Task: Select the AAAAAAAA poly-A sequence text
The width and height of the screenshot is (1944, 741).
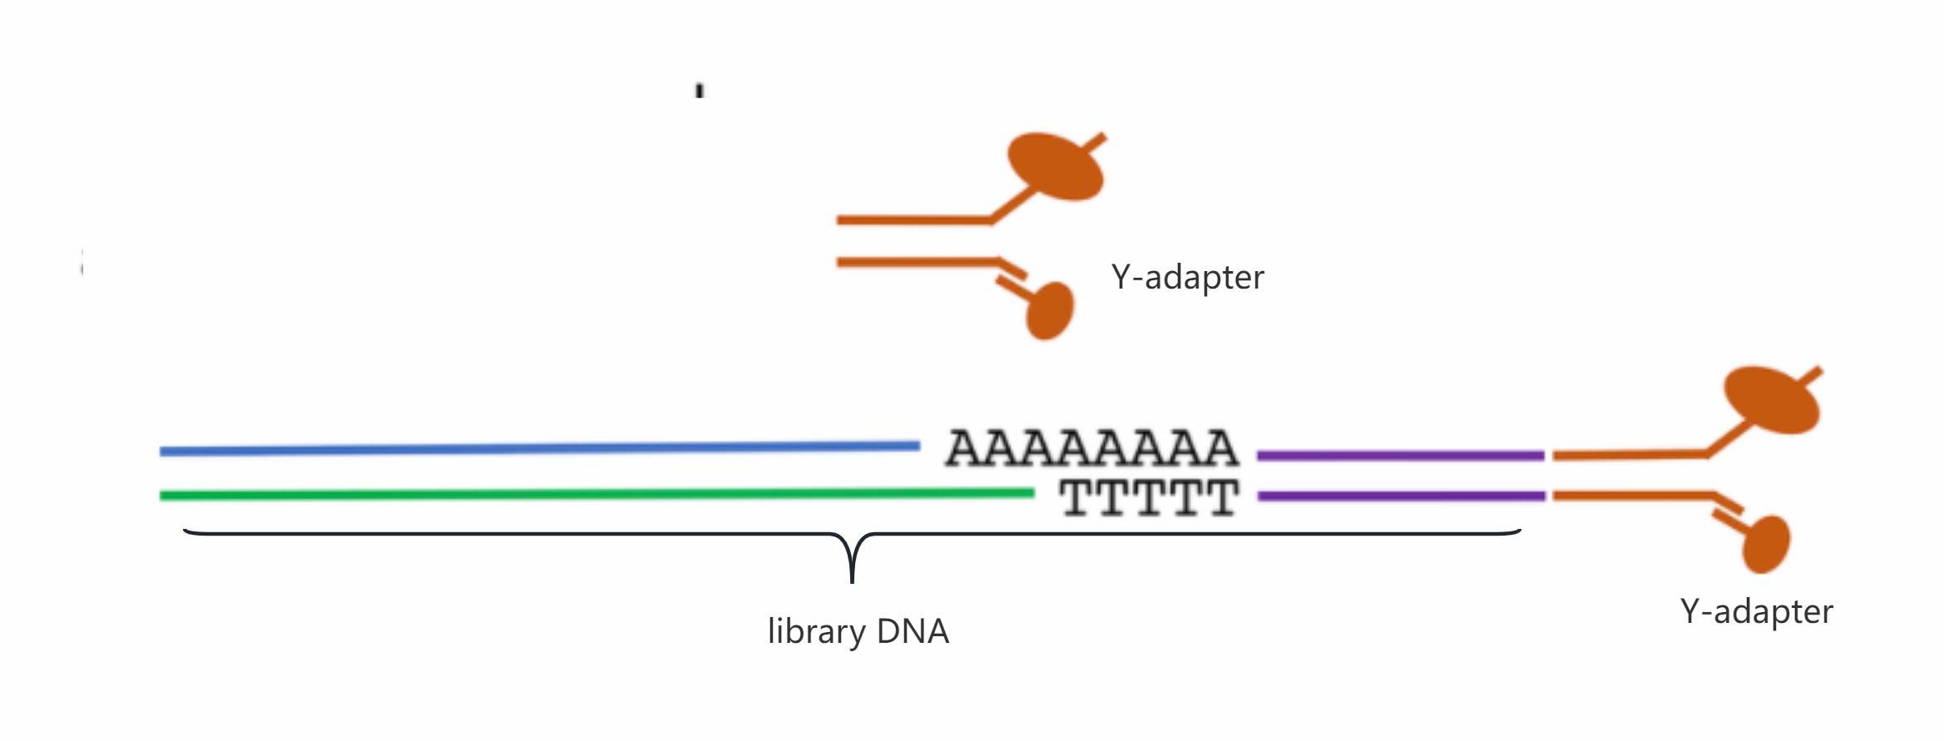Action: pyautogui.click(x=1091, y=448)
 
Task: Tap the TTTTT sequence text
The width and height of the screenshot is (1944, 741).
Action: pyautogui.click(x=1149, y=498)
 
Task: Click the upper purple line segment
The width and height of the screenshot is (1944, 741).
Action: pyautogui.click(x=1400, y=456)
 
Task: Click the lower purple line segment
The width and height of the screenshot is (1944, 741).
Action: pyautogui.click(x=1401, y=496)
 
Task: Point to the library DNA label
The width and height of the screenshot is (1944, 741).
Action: pyautogui.click(x=858, y=631)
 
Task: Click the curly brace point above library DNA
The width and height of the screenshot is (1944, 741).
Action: pyautogui.click(x=852, y=574)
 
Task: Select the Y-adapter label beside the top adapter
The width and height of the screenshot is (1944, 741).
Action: pyautogui.click(x=1187, y=277)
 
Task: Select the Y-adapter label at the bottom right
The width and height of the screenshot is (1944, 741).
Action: pyautogui.click(x=1756, y=611)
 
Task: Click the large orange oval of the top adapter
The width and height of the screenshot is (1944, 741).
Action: pyautogui.click(x=1055, y=166)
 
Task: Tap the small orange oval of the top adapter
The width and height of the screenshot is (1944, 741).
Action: pyautogui.click(x=1050, y=311)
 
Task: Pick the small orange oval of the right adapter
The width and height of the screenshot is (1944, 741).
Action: pyautogui.click(x=1765, y=545)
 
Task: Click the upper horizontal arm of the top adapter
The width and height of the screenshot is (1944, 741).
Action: pyautogui.click(x=913, y=220)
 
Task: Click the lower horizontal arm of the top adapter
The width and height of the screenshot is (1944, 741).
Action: pyautogui.click(x=915, y=263)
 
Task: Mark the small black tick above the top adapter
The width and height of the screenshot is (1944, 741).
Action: pyautogui.click(x=700, y=91)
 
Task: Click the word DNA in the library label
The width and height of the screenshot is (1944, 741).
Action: pyautogui.click(x=913, y=631)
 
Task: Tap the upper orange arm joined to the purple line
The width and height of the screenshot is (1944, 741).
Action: pyautogui.click(x=1629, y=455)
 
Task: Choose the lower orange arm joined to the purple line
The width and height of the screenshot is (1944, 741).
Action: pyautogui.click(x=1630, y=496)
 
